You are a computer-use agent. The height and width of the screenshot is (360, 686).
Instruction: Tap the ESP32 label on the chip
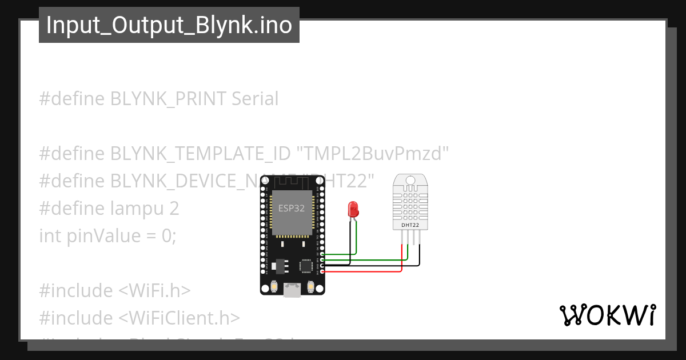click(292, 209)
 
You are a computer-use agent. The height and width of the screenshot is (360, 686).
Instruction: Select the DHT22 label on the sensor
click(410, 225)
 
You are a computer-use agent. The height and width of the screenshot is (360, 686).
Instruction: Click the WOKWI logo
click(607, 315)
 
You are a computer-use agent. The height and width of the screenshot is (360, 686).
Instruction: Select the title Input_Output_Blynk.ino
click(169, 25)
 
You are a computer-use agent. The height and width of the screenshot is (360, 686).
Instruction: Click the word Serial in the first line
click(255, 99)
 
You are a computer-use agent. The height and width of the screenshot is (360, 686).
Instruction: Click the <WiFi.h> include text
click(154, 290)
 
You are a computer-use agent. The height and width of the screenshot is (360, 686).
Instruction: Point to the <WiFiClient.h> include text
click(179, 318)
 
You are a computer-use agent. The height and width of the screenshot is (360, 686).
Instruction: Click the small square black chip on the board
click(306, 265)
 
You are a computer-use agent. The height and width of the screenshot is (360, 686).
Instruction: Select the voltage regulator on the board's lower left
click(279, 265)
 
